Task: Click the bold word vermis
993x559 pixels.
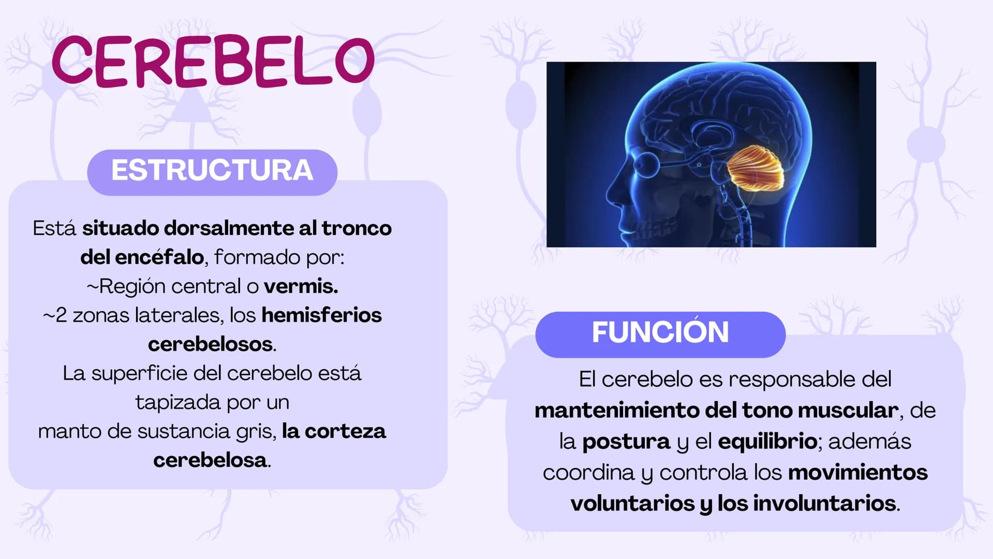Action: [301, 286]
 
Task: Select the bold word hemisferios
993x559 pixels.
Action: [321, 315]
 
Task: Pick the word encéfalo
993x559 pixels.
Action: [159, 257]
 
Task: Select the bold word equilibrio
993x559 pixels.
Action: [767, 442]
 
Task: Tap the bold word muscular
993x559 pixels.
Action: [848, 410]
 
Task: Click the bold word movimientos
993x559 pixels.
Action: [857, 472]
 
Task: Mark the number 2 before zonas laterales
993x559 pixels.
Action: [61, 315]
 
